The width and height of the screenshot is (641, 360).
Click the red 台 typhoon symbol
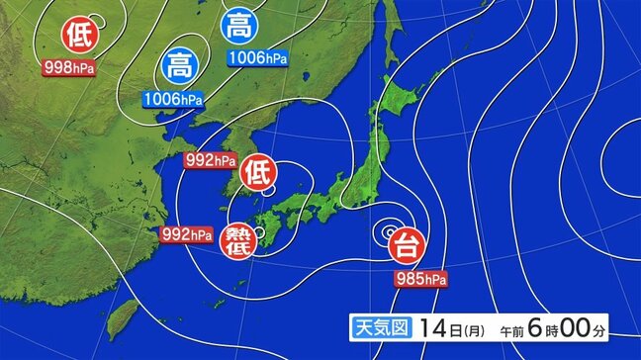pyautogui.click(x=404, y=242)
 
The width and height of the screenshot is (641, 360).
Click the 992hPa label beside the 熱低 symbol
pyautogui.click(x=188, y=234)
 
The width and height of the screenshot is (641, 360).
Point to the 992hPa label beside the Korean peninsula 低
pyautogui.click(x=211, y=159)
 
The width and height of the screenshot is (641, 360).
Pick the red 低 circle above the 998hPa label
pyautogui.click(x=78, y=37)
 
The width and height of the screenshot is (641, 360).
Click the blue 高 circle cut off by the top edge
pyautogui.click(x=237, y=25)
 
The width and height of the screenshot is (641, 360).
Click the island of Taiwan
pyautogui.click(x=125, y=315)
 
